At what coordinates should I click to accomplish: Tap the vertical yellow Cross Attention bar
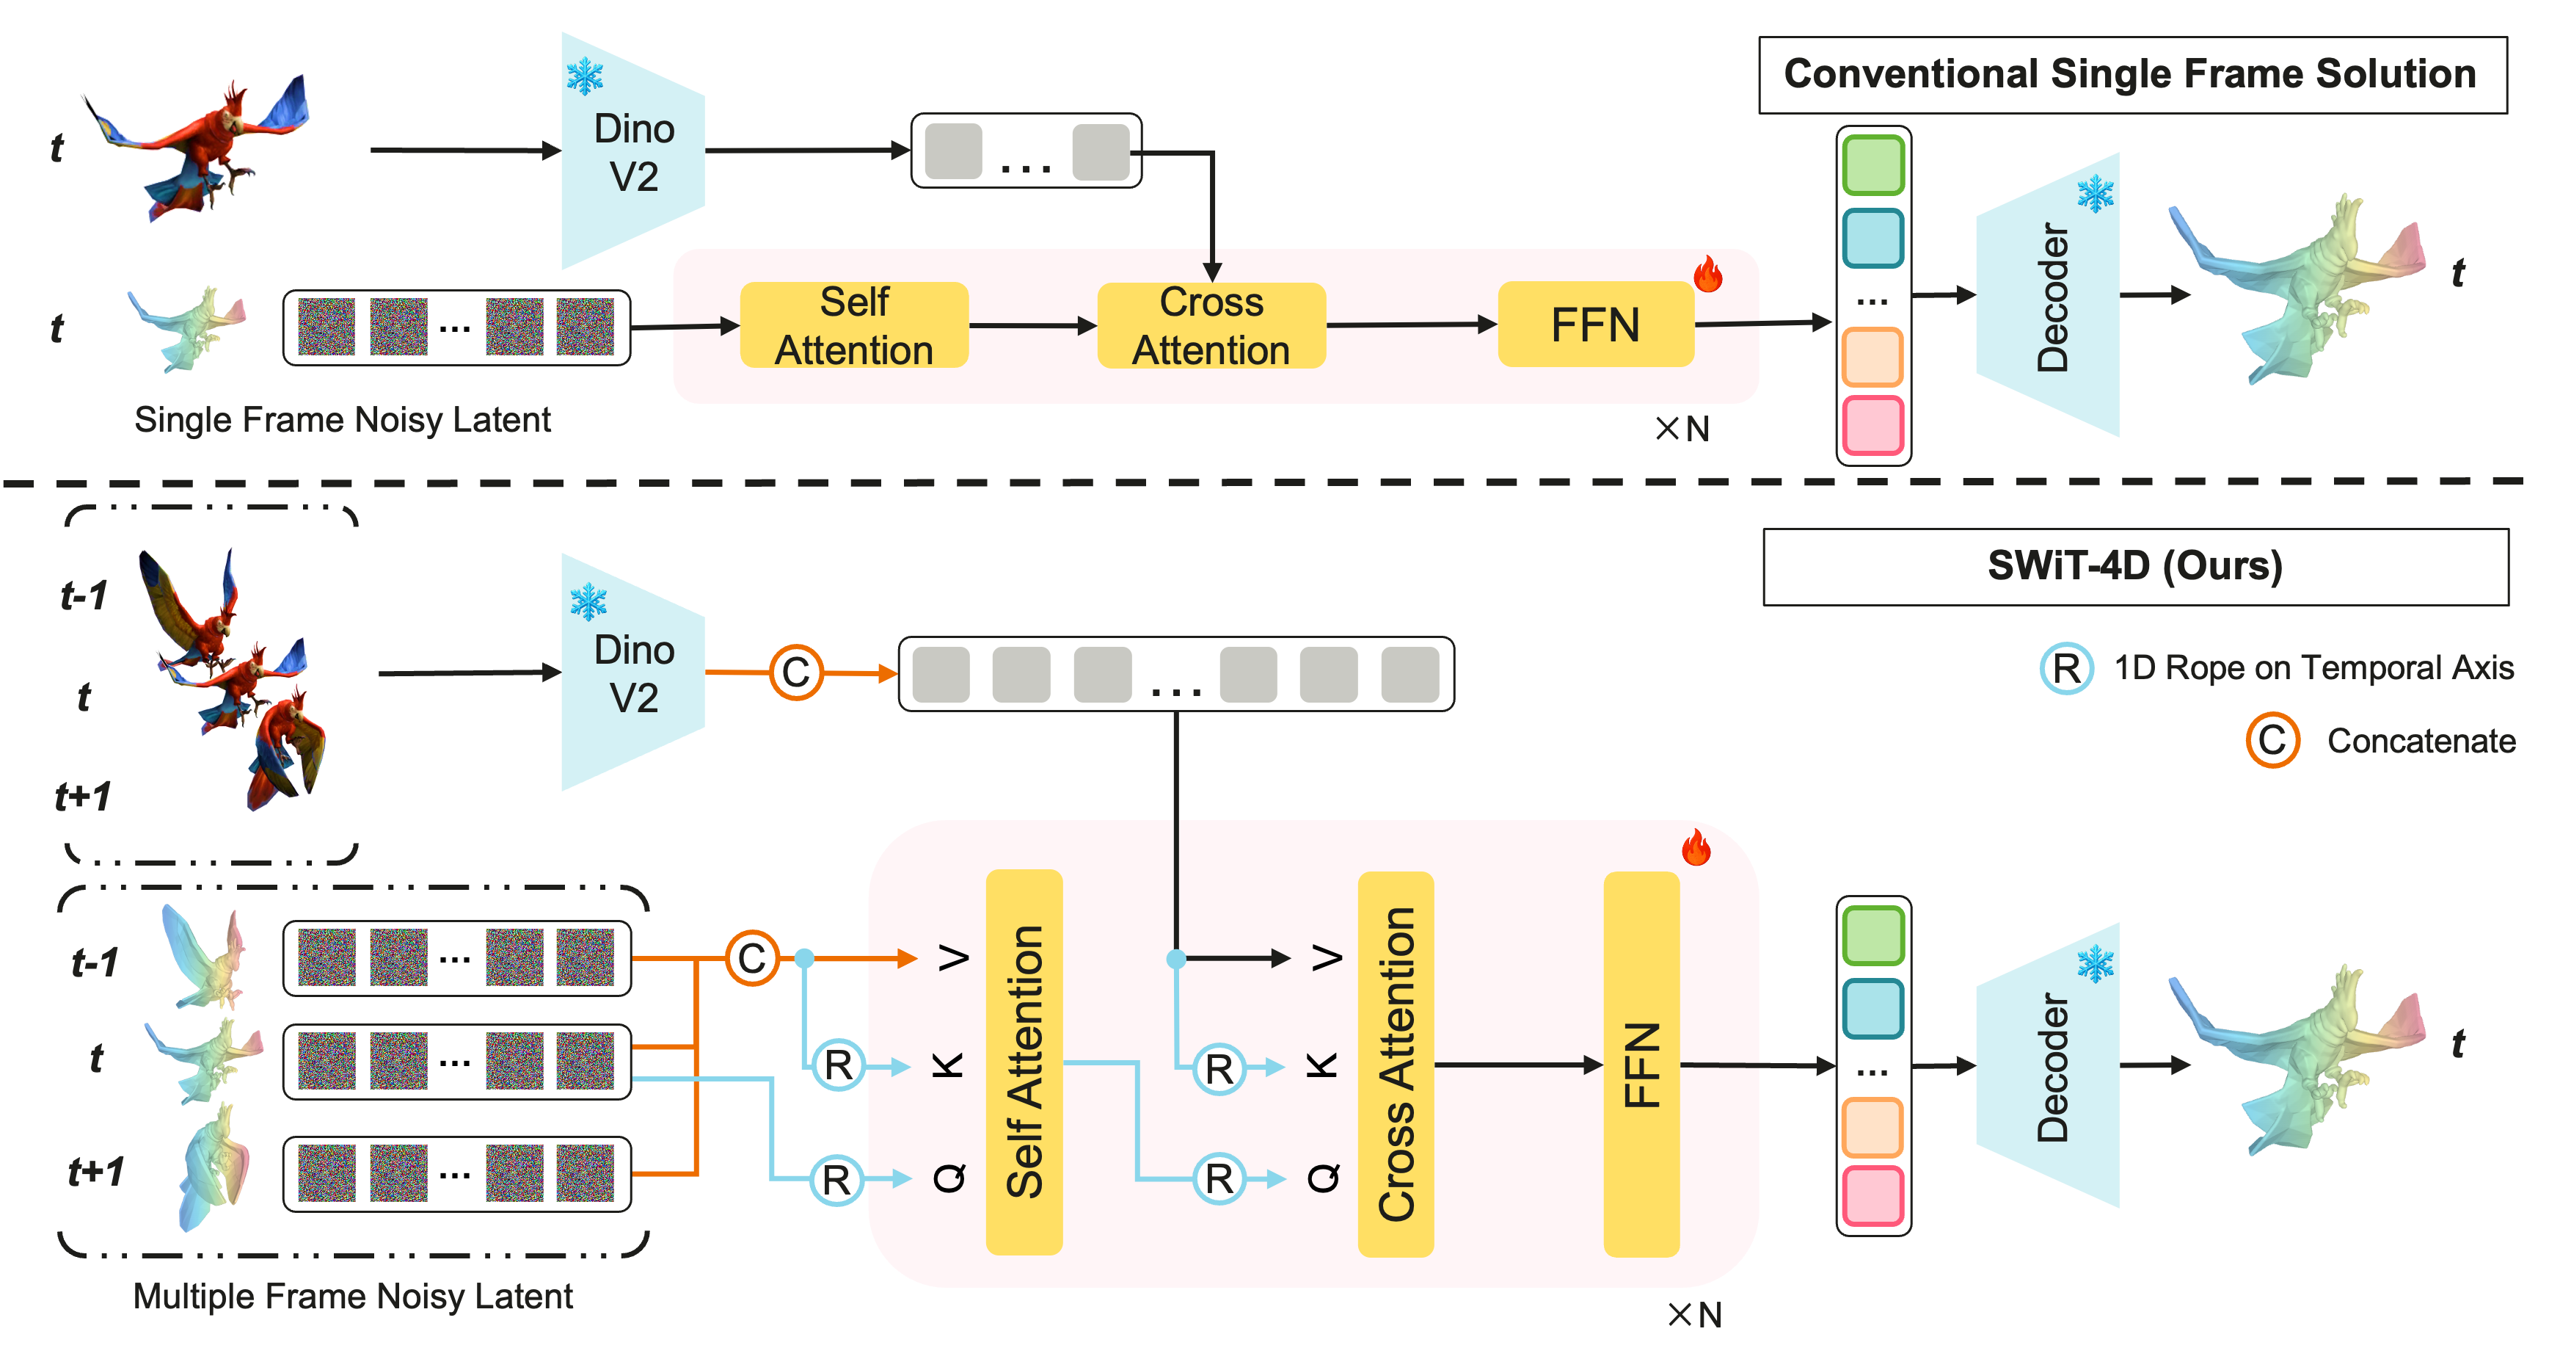[1396, 1064]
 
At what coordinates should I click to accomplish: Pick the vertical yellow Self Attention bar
[1024, 1062]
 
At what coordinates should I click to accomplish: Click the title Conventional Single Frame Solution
[2132, 74]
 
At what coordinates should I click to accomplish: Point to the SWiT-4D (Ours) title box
[2135, 566]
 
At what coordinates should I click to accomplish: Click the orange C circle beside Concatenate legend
[2272, 739]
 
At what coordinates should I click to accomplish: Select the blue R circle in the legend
[2066, 668]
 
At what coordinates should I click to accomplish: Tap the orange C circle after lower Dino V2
[797, 673]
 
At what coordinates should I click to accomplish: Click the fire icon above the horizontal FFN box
[1708, 274]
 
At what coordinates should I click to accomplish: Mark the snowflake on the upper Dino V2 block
[585, 76]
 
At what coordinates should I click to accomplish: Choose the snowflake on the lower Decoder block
[2095, 963]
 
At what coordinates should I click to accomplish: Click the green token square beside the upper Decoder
[1873, 165]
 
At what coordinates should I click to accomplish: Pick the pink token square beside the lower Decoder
[1873, 1196]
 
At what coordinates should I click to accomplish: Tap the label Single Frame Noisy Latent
[343, 420]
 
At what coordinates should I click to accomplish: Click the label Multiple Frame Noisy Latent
[353, 1297]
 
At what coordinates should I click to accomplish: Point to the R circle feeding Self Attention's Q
[837, 1179]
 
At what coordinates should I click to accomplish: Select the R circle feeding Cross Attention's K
[1219, 1068]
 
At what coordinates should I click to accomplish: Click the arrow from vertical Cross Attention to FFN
[1518, 1065]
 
